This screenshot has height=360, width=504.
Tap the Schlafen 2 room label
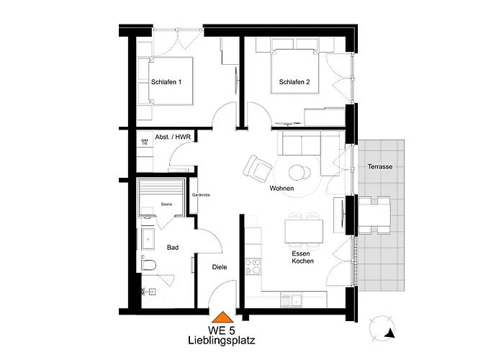(294, 82)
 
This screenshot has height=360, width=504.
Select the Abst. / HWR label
(172, 137)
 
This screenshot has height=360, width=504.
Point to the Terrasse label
(379, 166)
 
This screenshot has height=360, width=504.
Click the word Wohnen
(282, 189)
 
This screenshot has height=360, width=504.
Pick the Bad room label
(172, 248)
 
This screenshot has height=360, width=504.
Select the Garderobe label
(199, 195)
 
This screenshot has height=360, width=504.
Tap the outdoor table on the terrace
(374, 215)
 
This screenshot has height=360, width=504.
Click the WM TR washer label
(145, 143)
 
